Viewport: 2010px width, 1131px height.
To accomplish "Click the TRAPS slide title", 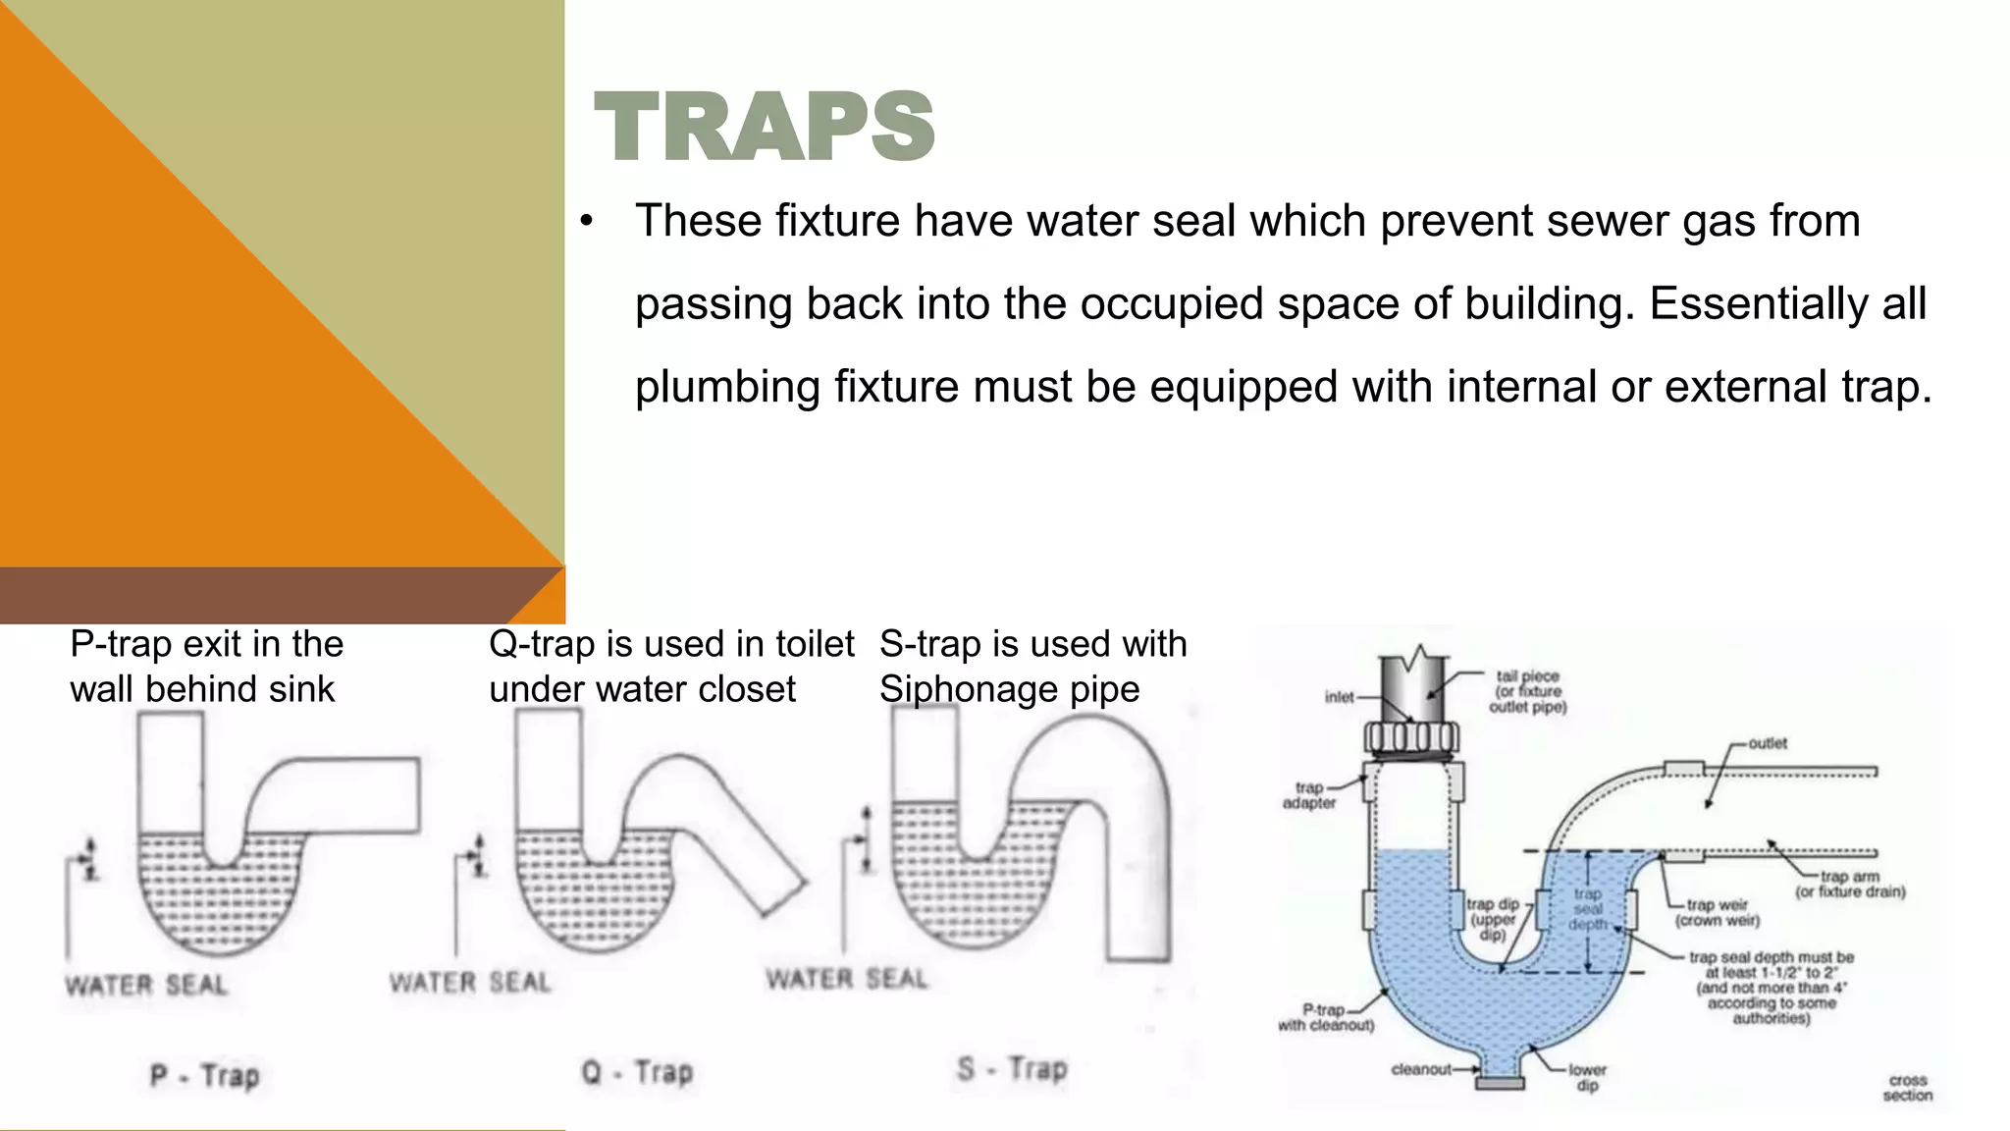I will click(x=764, y=128).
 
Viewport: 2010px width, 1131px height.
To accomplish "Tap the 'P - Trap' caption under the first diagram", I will click(x=204, y=1076).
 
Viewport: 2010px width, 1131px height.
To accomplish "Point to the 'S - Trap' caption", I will click(x=1012, y=1068).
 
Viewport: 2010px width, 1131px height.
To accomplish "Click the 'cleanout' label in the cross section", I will click(x=1420, y=1069).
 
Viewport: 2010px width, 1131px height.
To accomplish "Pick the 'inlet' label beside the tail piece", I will click(x=1339, y=697).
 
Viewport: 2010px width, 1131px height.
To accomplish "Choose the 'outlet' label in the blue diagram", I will click(x=1768, y=743).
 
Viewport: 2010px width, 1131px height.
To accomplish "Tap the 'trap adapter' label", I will click(x=1309, y=795).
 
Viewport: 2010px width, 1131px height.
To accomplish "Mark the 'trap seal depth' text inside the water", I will click(x=1587, y=909).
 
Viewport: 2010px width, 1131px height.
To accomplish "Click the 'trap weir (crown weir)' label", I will click(x=1717, y=913).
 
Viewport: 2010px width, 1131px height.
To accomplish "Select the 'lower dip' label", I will click(x=1587, y=1077).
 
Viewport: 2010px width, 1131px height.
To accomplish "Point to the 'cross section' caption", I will click(x=1907, y=1088).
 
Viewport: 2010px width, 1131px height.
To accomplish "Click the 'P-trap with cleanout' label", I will click(x=1325, y=1017).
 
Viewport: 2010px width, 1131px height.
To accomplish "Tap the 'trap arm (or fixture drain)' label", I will click(x=1850, y=884).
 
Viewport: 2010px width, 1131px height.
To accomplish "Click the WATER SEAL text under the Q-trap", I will click(x=470, y=983).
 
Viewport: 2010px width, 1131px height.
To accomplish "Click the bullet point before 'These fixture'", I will click(x=586, y=223).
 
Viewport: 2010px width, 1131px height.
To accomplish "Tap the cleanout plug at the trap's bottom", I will click(x=1501, y=1082).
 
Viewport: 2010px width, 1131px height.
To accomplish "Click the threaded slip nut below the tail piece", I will click(x=1410, y=737).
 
